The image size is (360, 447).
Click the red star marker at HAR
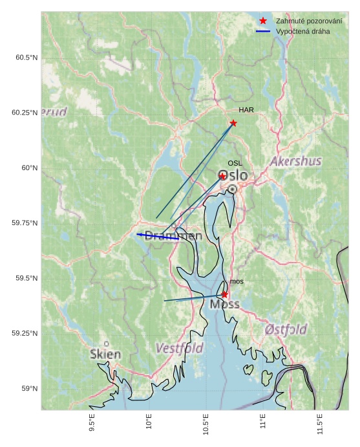point(233,123)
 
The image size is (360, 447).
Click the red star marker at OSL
point(222,176)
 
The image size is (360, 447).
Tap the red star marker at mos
point(224,294)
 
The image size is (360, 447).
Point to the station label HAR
point(246,110)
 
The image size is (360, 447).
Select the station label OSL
point(235,164)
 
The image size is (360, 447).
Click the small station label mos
point(237,281)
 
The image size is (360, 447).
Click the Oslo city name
point(233,176)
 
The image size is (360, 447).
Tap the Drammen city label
point(173,236)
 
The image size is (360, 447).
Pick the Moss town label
point(224,304)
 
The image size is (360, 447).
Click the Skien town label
point(105,354)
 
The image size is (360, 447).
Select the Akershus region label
point(296,161)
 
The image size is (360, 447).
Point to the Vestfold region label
point(179,349)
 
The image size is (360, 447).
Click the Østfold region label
point(286,329)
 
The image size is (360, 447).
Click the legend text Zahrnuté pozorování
point(308,21)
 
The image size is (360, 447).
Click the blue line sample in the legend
point(263,31)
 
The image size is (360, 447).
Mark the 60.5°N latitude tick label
point(26,58)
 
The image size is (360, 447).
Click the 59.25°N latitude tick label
point(25,333)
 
